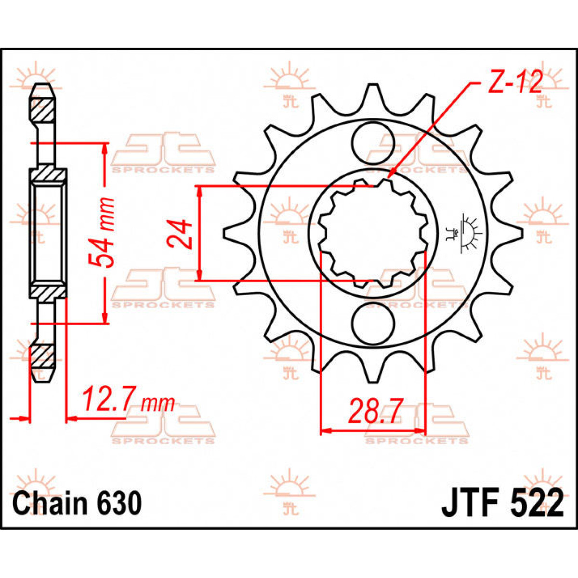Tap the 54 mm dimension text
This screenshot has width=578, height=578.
(x=103, y=232)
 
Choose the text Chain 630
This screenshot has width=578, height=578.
(x=77, y=503)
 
